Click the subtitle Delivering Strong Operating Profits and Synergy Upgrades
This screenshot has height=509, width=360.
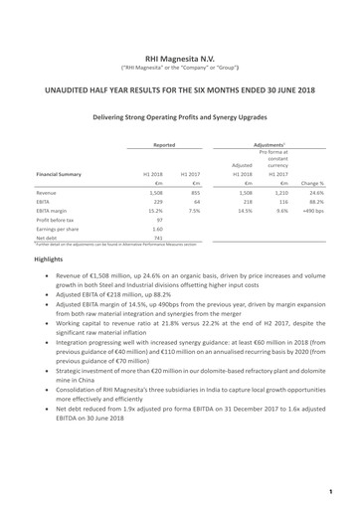pyautogui.click(x=179, y=116)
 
